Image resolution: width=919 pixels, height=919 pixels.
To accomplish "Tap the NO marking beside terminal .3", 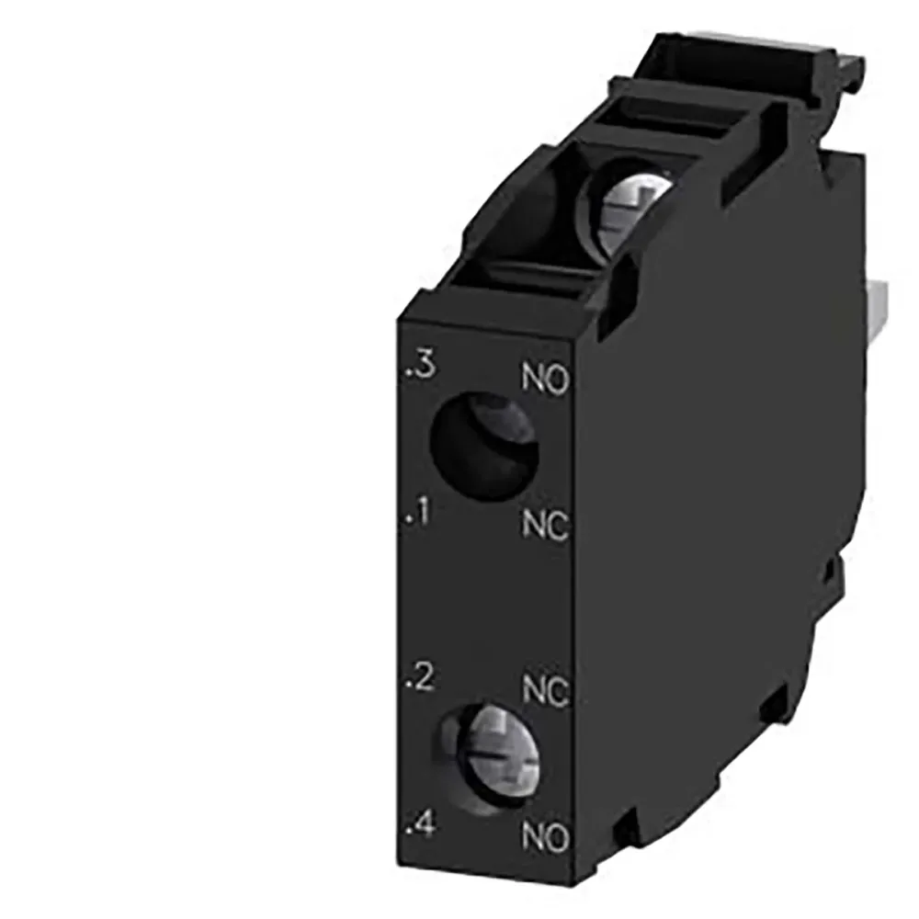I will click(x=547, y=378).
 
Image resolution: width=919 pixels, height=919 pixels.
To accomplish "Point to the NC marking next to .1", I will click(x=547, y=526).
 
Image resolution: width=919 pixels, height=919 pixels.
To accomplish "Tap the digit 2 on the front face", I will click(x=424, y=681).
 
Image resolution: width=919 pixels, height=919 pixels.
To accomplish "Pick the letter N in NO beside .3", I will click(x=534, y=378).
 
